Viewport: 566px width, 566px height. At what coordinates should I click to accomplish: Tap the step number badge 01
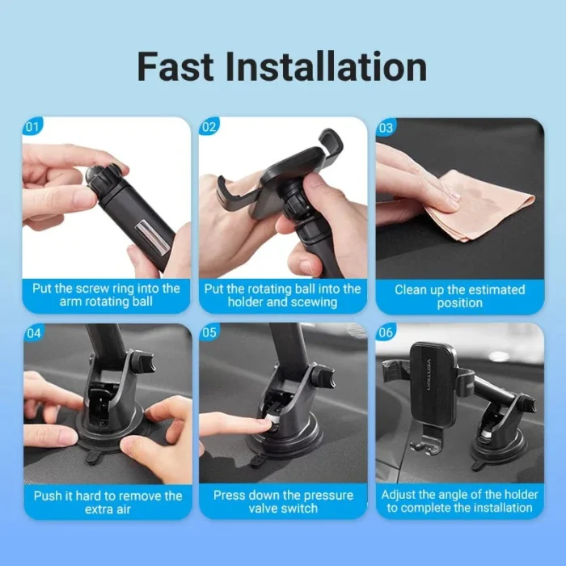pos(32,128)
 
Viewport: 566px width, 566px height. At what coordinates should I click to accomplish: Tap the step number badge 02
pos(209,128)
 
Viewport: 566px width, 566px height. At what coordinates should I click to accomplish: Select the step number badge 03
pos(386,128)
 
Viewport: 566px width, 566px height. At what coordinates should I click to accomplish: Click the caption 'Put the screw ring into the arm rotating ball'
pos(106,296)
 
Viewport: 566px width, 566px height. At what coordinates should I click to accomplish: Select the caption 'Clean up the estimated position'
pos(459,296)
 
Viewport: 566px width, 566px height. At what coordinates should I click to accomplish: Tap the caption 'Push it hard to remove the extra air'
pos(106,502)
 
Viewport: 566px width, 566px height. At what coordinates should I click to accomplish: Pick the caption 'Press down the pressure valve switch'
pos(283,502)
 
